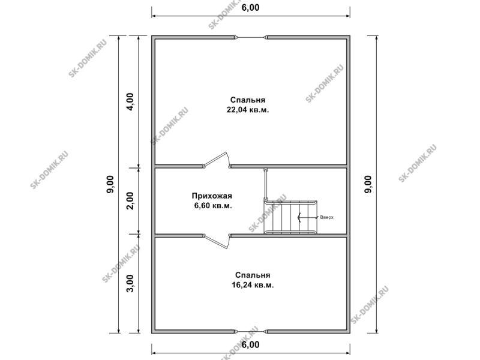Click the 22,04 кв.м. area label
click(248, 110)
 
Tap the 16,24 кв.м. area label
click(253, 285)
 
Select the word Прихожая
click(212, 196)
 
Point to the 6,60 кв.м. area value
click(213, 205)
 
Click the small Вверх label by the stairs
click(326, 217)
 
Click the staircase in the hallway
click(290, 217)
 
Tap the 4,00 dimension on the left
click(130, 101)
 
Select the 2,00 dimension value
click(130, 200)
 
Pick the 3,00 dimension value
click(130, 283)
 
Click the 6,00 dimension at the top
click(250, 7)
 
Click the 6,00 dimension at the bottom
click(250, 344)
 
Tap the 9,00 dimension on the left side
click(110, 184)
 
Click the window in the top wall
click(251, 38)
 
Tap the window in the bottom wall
click(251, 331)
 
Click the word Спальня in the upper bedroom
click(248, 100)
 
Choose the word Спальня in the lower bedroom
click(253, 275)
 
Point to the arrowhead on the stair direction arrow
click(299, 217)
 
